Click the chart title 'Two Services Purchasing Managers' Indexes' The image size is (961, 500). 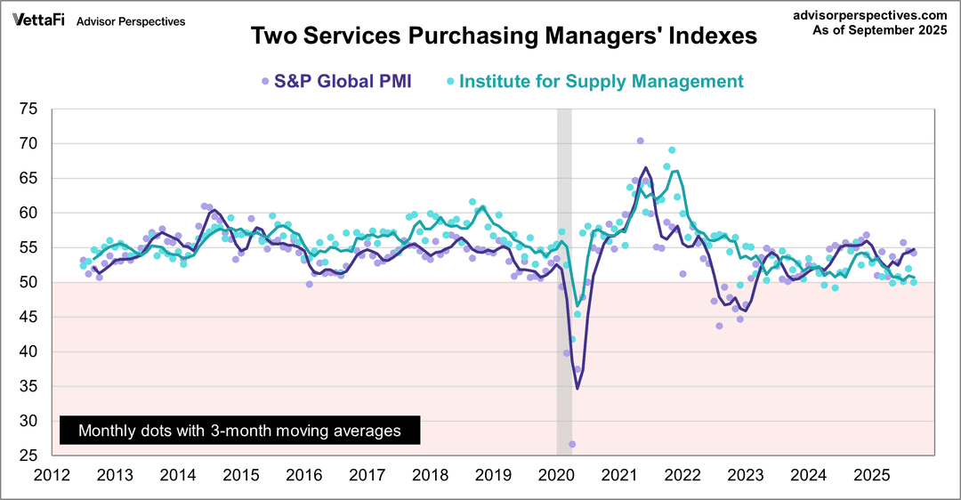click(504, 36)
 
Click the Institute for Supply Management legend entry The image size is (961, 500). click(594, 82)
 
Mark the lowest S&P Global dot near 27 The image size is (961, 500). click(572, 444)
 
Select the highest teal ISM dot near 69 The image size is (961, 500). click(672, 150)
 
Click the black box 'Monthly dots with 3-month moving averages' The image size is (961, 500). click(238, 431)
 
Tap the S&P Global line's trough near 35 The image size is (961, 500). click(577, 388)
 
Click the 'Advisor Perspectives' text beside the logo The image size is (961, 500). click(132, 21)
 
